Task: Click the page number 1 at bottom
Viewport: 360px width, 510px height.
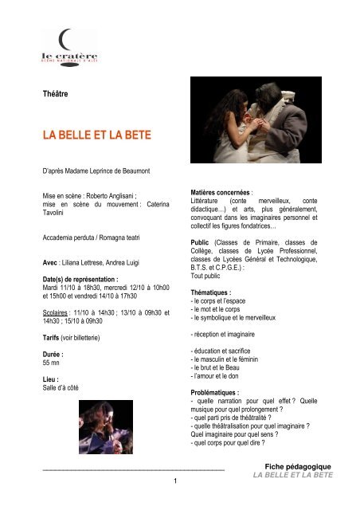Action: (x=174, y=481)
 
